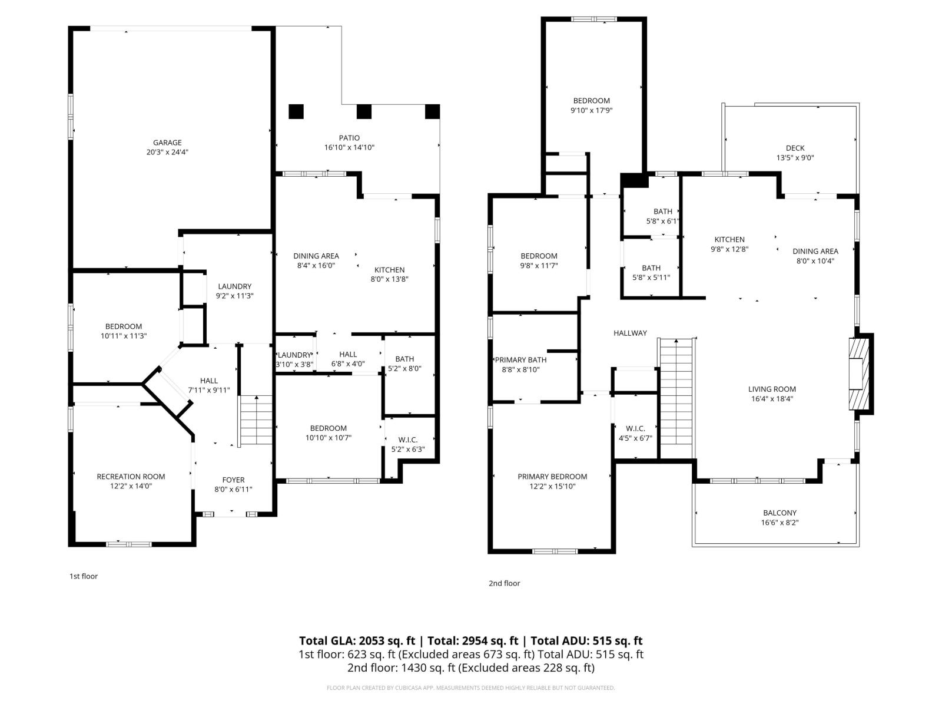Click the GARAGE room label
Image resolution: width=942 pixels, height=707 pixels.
coord(167,143)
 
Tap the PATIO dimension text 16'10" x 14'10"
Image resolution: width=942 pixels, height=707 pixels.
coord(349,148)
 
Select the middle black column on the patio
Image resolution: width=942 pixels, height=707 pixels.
coord(364,111)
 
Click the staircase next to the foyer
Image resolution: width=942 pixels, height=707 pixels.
coord(256,421)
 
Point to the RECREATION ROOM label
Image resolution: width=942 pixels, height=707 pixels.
coord(131,477)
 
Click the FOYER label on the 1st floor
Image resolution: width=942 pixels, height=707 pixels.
coord(233,480)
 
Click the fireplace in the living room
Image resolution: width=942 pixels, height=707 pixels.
coord(858,374)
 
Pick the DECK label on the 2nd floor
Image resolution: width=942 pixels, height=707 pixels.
coord(795,148)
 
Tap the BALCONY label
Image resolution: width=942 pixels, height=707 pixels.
coord(780,513)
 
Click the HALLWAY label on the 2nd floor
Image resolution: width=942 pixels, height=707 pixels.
coord(630,333)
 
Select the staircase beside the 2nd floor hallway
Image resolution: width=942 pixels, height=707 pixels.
coord(677,392)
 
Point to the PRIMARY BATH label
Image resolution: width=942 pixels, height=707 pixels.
coord(520,360)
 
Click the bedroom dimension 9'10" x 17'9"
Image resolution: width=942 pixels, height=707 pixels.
coord(591,110)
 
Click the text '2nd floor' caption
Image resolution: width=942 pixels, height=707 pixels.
coord(504,583)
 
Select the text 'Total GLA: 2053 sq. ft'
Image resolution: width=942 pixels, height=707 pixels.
coord(357,641)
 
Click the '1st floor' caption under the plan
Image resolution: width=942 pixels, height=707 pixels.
coord(84,576)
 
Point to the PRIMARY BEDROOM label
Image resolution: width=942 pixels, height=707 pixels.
coord(552,477)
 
